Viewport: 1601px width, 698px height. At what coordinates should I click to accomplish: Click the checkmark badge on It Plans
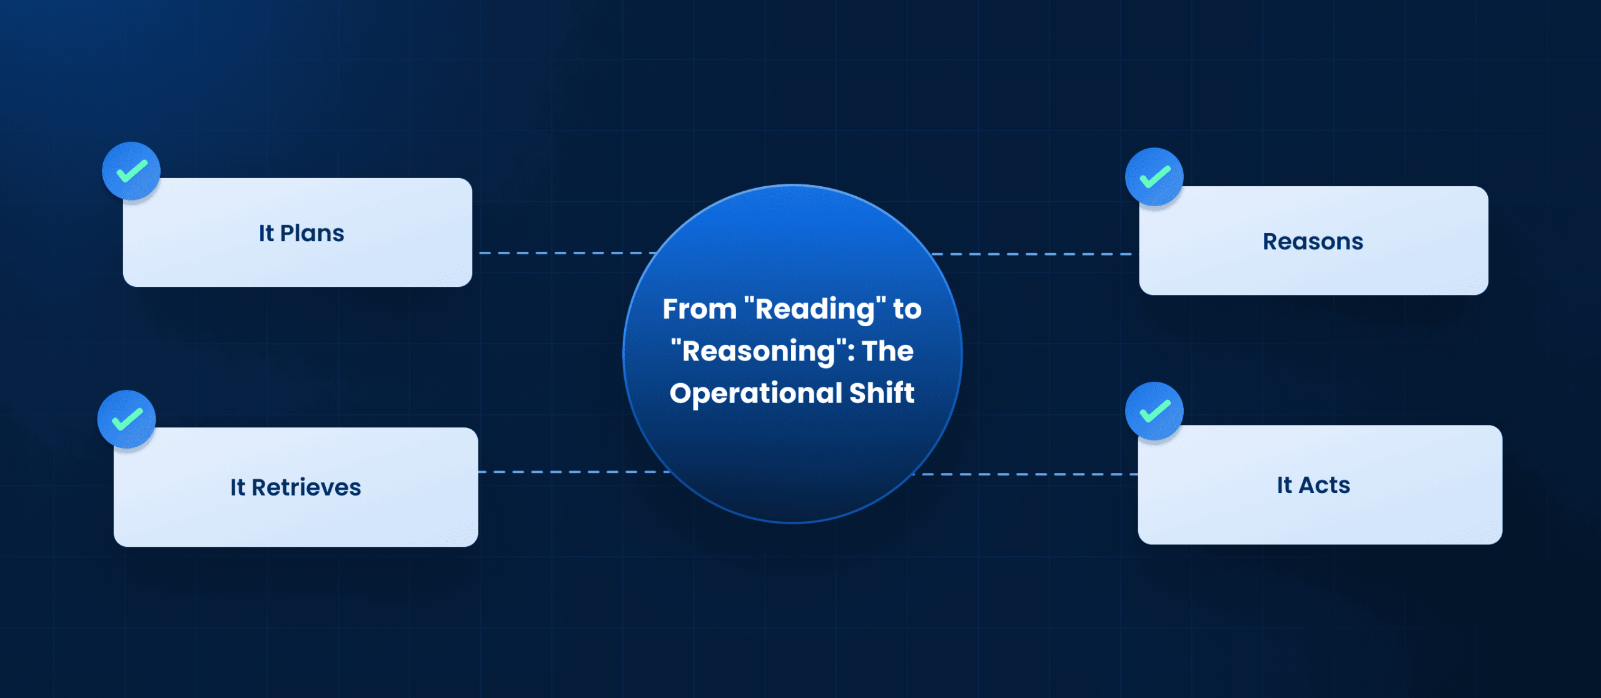tap(131, 171)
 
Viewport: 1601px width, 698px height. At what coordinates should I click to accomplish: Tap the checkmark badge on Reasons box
tap(1154, 177)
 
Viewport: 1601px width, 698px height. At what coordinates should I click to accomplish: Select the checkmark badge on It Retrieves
tap(127, 419)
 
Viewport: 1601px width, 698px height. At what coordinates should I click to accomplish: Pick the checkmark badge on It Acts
tap(1154, 411)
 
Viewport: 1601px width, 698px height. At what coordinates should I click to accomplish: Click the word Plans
tap(312, 234)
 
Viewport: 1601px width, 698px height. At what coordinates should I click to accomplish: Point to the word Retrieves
tap(306, 487)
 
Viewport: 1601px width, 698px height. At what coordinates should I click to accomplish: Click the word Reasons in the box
tap(1313, 242)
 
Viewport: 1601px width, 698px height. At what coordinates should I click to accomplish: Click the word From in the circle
tap(699, 309)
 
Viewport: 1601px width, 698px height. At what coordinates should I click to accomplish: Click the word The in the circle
tap(888, 351)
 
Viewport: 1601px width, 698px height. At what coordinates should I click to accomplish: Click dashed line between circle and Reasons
tap(1032, 254)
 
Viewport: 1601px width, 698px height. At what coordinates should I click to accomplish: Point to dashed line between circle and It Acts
tap(1026, 474)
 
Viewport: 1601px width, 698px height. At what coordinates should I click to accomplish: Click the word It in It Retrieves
tap(238, 487)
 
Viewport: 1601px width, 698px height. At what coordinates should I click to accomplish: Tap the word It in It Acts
tap(1285, 486)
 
